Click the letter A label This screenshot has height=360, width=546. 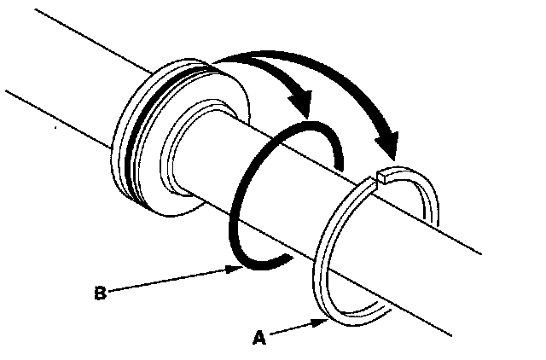[x=260, y=338]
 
